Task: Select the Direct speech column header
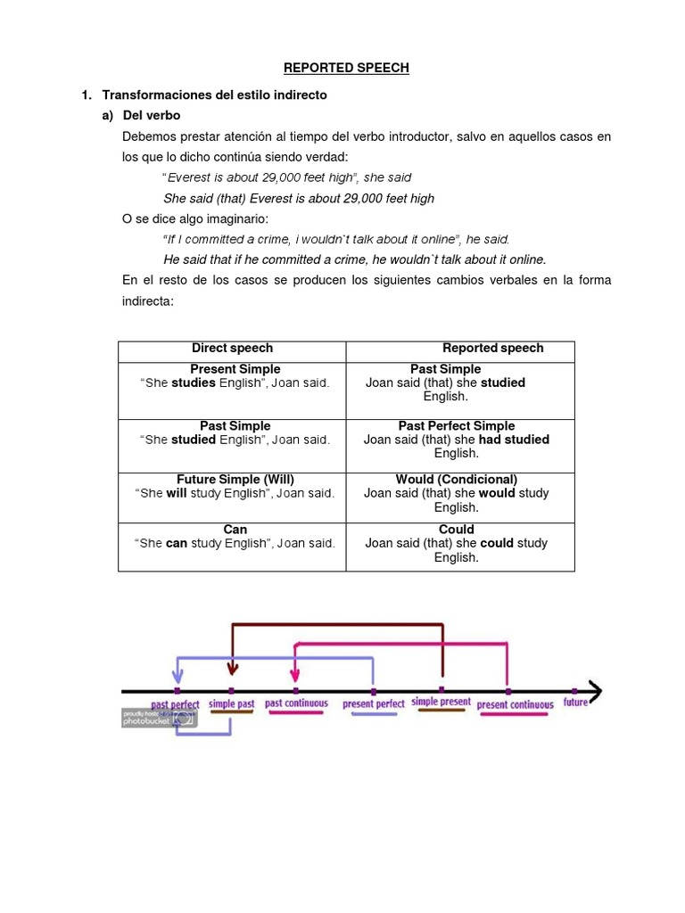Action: coord(232,348)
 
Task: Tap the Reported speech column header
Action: coord(492,348)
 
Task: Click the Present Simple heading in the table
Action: coord(235,369)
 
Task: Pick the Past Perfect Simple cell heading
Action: coord(457,426)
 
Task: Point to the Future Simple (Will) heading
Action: coord(235,480)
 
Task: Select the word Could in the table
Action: coord(457,530)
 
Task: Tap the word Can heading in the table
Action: coord(235,530)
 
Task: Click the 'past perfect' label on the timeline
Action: coord(176,704)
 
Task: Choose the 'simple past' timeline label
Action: coord(231,703)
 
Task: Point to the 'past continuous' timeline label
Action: coord(296,703)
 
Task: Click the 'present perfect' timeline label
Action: coord(374,704)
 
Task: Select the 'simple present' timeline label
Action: coord(441,703)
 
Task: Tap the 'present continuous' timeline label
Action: coord(515,704)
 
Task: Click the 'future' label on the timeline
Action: coord(575,703)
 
